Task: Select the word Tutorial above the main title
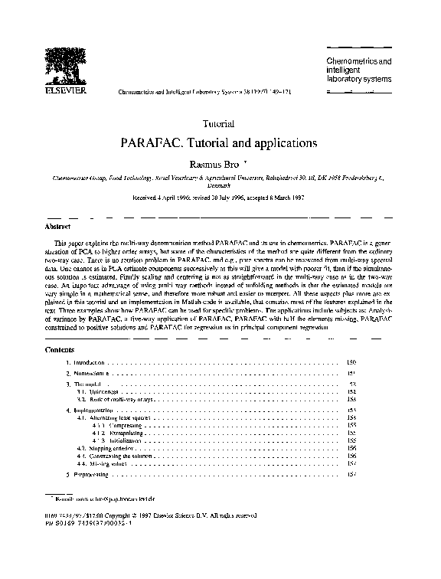pos(220,123)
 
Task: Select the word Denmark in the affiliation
pos(220,185)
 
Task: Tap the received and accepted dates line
pos(220,197)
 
